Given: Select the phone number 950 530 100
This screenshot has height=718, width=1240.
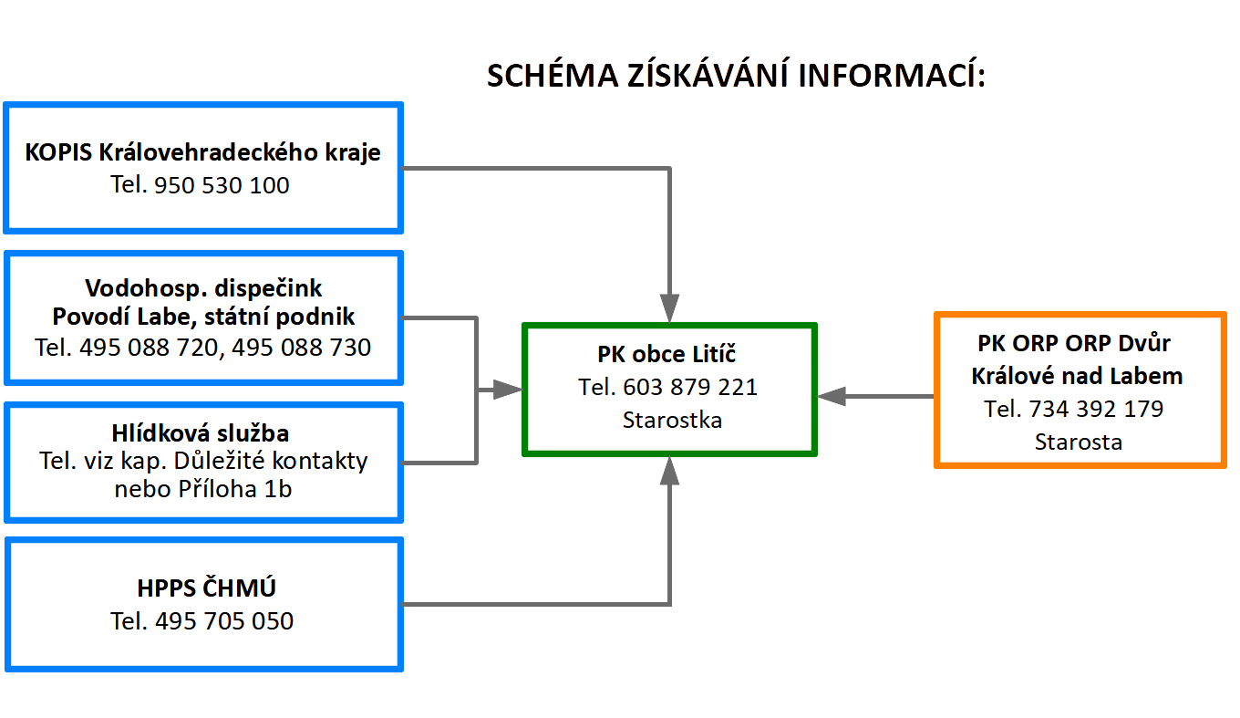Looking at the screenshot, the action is tap(222, 185).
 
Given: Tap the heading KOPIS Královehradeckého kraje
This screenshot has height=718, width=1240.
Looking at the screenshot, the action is tap(202, 153).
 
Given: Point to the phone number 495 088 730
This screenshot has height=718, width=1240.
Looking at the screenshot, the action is tap(301, 348).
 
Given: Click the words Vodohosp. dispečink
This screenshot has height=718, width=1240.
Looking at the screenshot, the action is tap(203, 288).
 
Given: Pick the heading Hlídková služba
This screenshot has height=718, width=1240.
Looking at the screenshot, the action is tap(201, 433).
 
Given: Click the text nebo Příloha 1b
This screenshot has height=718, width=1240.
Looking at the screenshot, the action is tap(202, 489).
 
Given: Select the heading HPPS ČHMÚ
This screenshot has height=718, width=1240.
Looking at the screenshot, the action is tap(206, 588).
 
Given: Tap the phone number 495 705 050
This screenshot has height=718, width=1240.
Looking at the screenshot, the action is tap(224, 621).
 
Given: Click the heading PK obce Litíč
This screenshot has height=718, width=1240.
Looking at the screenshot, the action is tap(667, 354).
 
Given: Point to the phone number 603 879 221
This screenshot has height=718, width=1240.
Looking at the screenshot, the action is tap(689, 387).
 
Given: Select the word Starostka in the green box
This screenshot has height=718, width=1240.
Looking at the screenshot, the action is tap(672, 420).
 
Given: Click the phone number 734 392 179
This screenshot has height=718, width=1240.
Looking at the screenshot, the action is tap(1096, 409).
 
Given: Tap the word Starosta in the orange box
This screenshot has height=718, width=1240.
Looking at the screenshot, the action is tap(1079, 442).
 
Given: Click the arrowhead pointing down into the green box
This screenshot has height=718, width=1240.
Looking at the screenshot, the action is tap(670, 308).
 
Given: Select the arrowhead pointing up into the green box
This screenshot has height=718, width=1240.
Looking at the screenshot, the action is tap(670, 471).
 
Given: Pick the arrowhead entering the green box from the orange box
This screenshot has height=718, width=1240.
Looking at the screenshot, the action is tap(832, 396).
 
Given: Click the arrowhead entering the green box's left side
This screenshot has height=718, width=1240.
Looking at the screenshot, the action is tap(508, 390).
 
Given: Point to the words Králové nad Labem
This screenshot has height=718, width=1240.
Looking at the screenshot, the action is tap(1077, 376).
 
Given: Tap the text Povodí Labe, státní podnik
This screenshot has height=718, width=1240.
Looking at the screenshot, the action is tap(203, 317).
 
